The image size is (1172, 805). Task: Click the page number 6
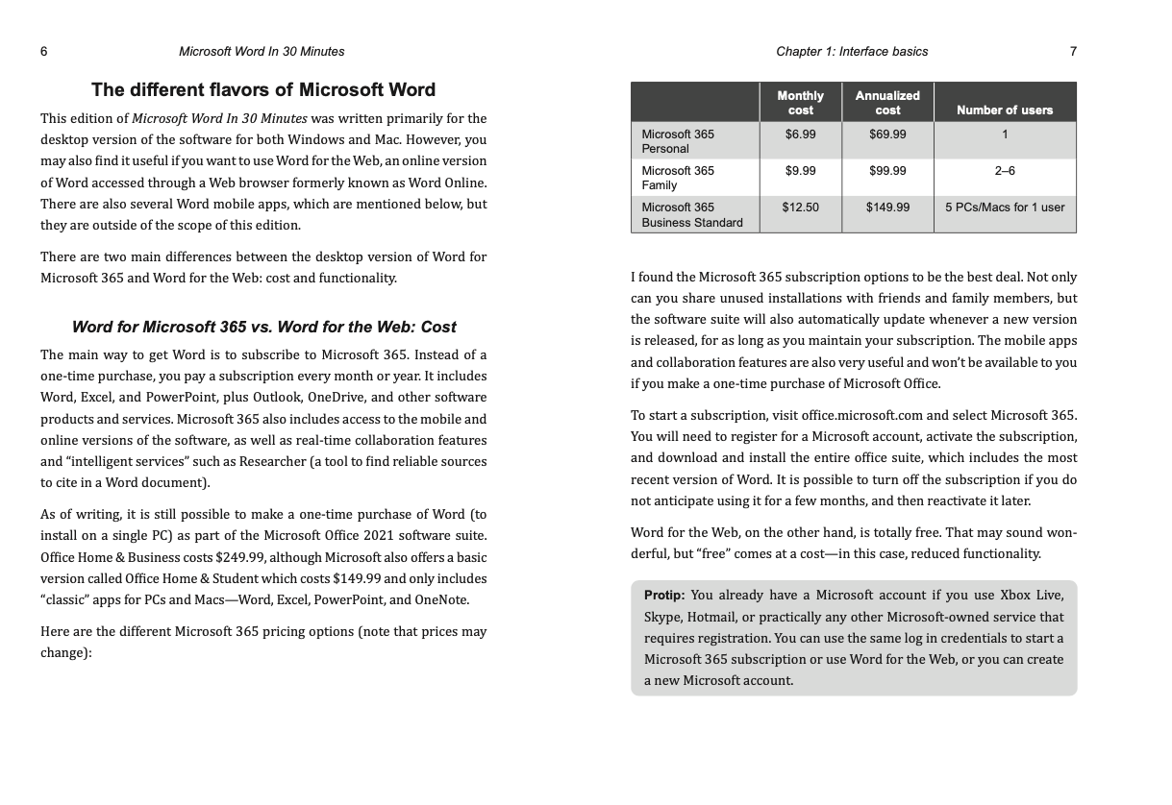point(44,51)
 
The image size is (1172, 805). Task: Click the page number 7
point(1073,51)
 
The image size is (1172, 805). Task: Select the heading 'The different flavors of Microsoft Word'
point(262,90)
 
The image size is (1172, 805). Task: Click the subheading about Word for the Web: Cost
point(263,327)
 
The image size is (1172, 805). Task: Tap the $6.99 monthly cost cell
point(799,134)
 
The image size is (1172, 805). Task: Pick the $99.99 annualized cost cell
point(886,171)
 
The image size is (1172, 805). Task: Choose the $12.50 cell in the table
point(799,207)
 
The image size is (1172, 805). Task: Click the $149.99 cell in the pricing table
point(886,207)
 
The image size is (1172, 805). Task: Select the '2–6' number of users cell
point(1005,171)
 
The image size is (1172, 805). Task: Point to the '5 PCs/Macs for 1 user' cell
point(1005,207)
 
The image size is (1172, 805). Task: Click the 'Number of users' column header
point(1005,110)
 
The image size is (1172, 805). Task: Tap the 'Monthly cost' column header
point(800,103)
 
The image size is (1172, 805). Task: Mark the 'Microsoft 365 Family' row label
point(678,178)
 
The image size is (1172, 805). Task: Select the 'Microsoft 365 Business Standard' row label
point(691,215)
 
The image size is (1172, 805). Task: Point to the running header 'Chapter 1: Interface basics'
point(852,51)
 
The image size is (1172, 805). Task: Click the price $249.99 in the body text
point(240,558)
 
